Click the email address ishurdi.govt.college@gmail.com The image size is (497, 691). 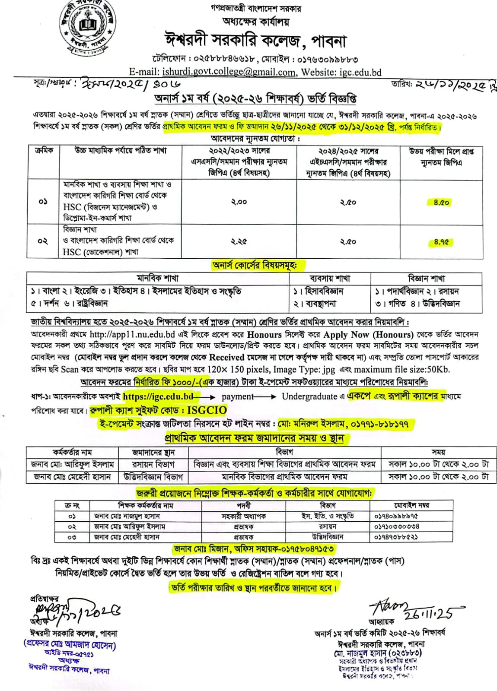[x=229, y=72]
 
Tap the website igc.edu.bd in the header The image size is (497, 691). [x=360, y=72]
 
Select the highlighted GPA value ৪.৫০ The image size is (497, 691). [x=441, y=202]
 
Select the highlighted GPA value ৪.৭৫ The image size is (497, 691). [x=441, y=242]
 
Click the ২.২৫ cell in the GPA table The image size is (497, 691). [x=239, y=242]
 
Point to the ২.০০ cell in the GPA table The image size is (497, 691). [x=239, y=202]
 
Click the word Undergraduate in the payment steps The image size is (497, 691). [x=309, y=396]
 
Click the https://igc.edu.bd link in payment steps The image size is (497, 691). [x=158, y=396]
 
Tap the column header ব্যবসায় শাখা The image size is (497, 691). [x=330, y=279]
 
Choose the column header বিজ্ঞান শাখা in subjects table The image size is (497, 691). [x=426, y=279]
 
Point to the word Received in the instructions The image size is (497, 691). [x=227, y=358]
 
